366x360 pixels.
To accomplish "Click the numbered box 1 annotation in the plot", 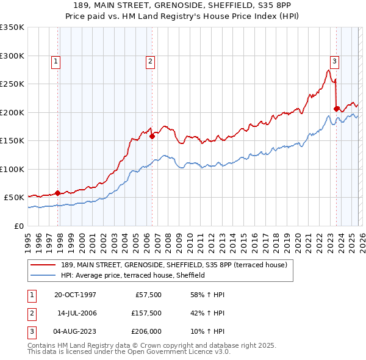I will pos(56,60).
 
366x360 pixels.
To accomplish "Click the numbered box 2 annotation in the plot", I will pos(149,60).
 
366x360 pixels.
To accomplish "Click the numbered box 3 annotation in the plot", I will pos(335,60).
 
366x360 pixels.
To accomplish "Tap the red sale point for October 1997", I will pos(58,193).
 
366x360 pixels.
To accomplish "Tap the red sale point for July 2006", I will pos(152,137).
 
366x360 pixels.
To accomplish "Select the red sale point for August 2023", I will pos(336,109).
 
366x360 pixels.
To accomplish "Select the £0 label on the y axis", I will pos(18,226).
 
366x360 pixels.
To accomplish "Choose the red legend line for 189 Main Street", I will pos(44,264).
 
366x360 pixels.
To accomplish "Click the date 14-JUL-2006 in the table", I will pos(77,313).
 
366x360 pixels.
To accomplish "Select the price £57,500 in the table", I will pos(148,294).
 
